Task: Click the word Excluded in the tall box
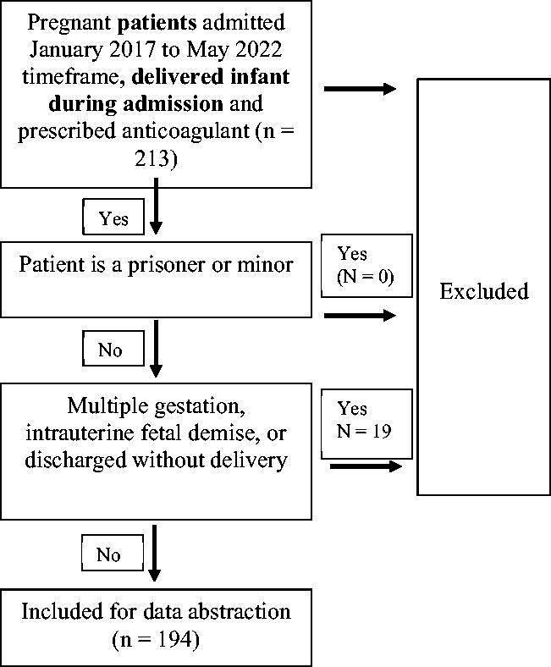coord(484,292)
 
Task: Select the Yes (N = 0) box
coord(366,265)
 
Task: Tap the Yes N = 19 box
coord(366,418)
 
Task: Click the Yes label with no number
coord(113,218)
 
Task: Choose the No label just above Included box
coord(108,554)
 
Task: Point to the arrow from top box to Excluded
coord(360,89)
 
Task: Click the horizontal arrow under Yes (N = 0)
coord(360,316)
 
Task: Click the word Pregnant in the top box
coord(64,19)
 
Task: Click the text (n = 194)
coord(156,640)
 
